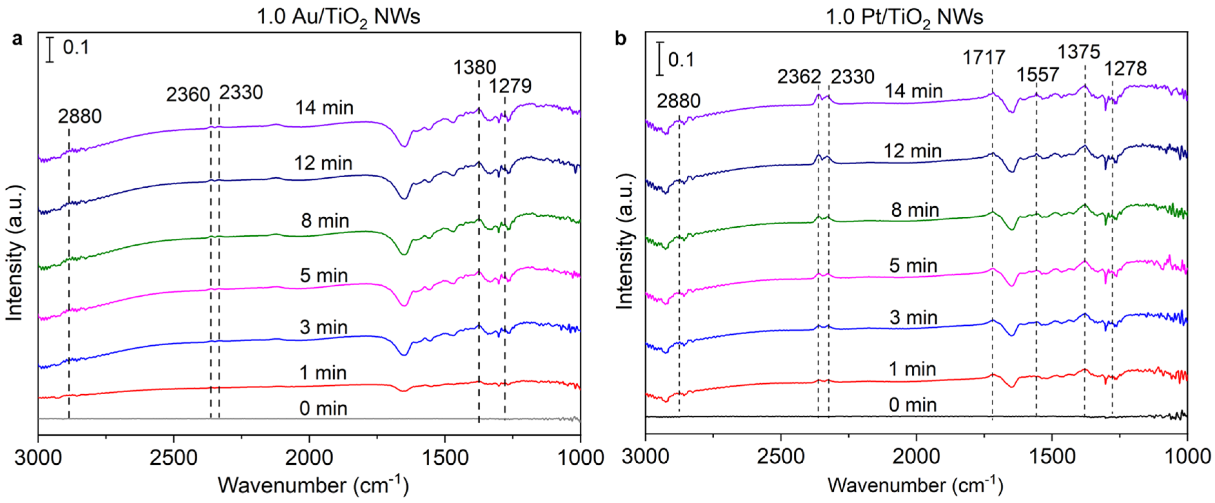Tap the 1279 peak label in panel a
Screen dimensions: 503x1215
(510, 86)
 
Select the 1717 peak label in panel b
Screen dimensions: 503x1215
(984, 58)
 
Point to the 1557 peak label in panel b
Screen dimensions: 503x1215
(1038, 75)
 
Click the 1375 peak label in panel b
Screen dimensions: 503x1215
(1079, 51)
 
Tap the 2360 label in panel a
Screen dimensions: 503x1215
(188, 95)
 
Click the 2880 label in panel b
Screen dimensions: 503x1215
(678, 101)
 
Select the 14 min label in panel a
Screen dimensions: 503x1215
(324, 108)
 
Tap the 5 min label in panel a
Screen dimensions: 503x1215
(324, 275)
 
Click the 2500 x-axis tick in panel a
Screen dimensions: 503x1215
(174, 457)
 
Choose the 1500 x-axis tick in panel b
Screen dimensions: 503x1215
(1051, 457)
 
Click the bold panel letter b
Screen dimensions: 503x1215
(621, 39)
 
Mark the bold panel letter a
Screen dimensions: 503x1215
(18, 39)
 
